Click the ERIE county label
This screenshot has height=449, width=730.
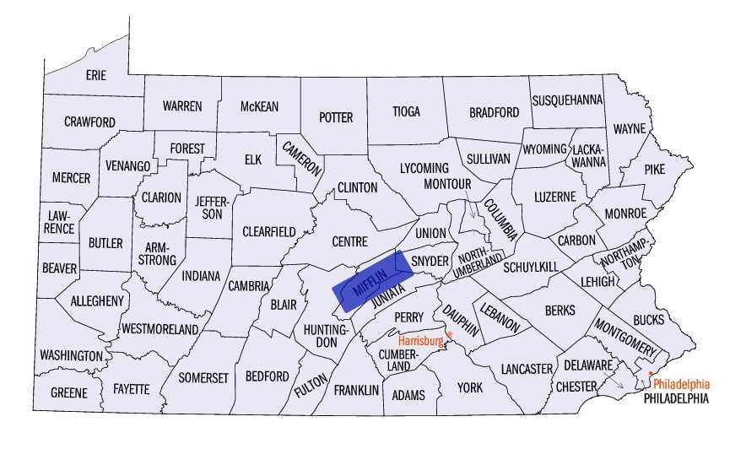point(96,75)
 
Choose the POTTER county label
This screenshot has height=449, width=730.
point(336,117)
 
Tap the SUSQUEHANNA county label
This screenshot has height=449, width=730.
point(567,100)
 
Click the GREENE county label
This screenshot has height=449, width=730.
point(68,393)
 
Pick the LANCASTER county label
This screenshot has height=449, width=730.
point(527,370)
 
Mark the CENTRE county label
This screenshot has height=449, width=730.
point(349,241)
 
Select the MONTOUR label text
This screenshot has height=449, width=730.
point(446,183)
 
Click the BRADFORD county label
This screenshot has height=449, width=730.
point(494,111)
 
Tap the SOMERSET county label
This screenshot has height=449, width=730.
point(203,378)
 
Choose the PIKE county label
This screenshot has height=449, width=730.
point(654,169)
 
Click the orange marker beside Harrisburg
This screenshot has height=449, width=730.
point(449,335)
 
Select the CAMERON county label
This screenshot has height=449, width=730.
point(302,157)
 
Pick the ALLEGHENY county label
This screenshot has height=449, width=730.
point(97,300)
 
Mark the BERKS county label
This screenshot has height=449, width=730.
point(560,311)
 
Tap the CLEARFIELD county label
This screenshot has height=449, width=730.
point(268,231)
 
